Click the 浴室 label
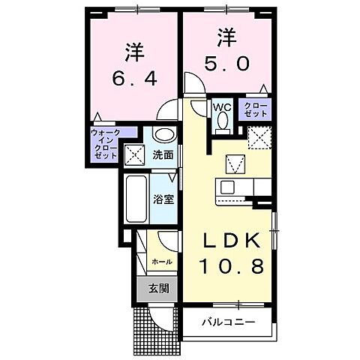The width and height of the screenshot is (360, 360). click(163, 200)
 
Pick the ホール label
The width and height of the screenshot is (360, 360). click(162, 262)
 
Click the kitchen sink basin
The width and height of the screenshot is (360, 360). click(226, 186)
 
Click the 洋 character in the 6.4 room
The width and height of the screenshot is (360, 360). click(134, 52)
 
